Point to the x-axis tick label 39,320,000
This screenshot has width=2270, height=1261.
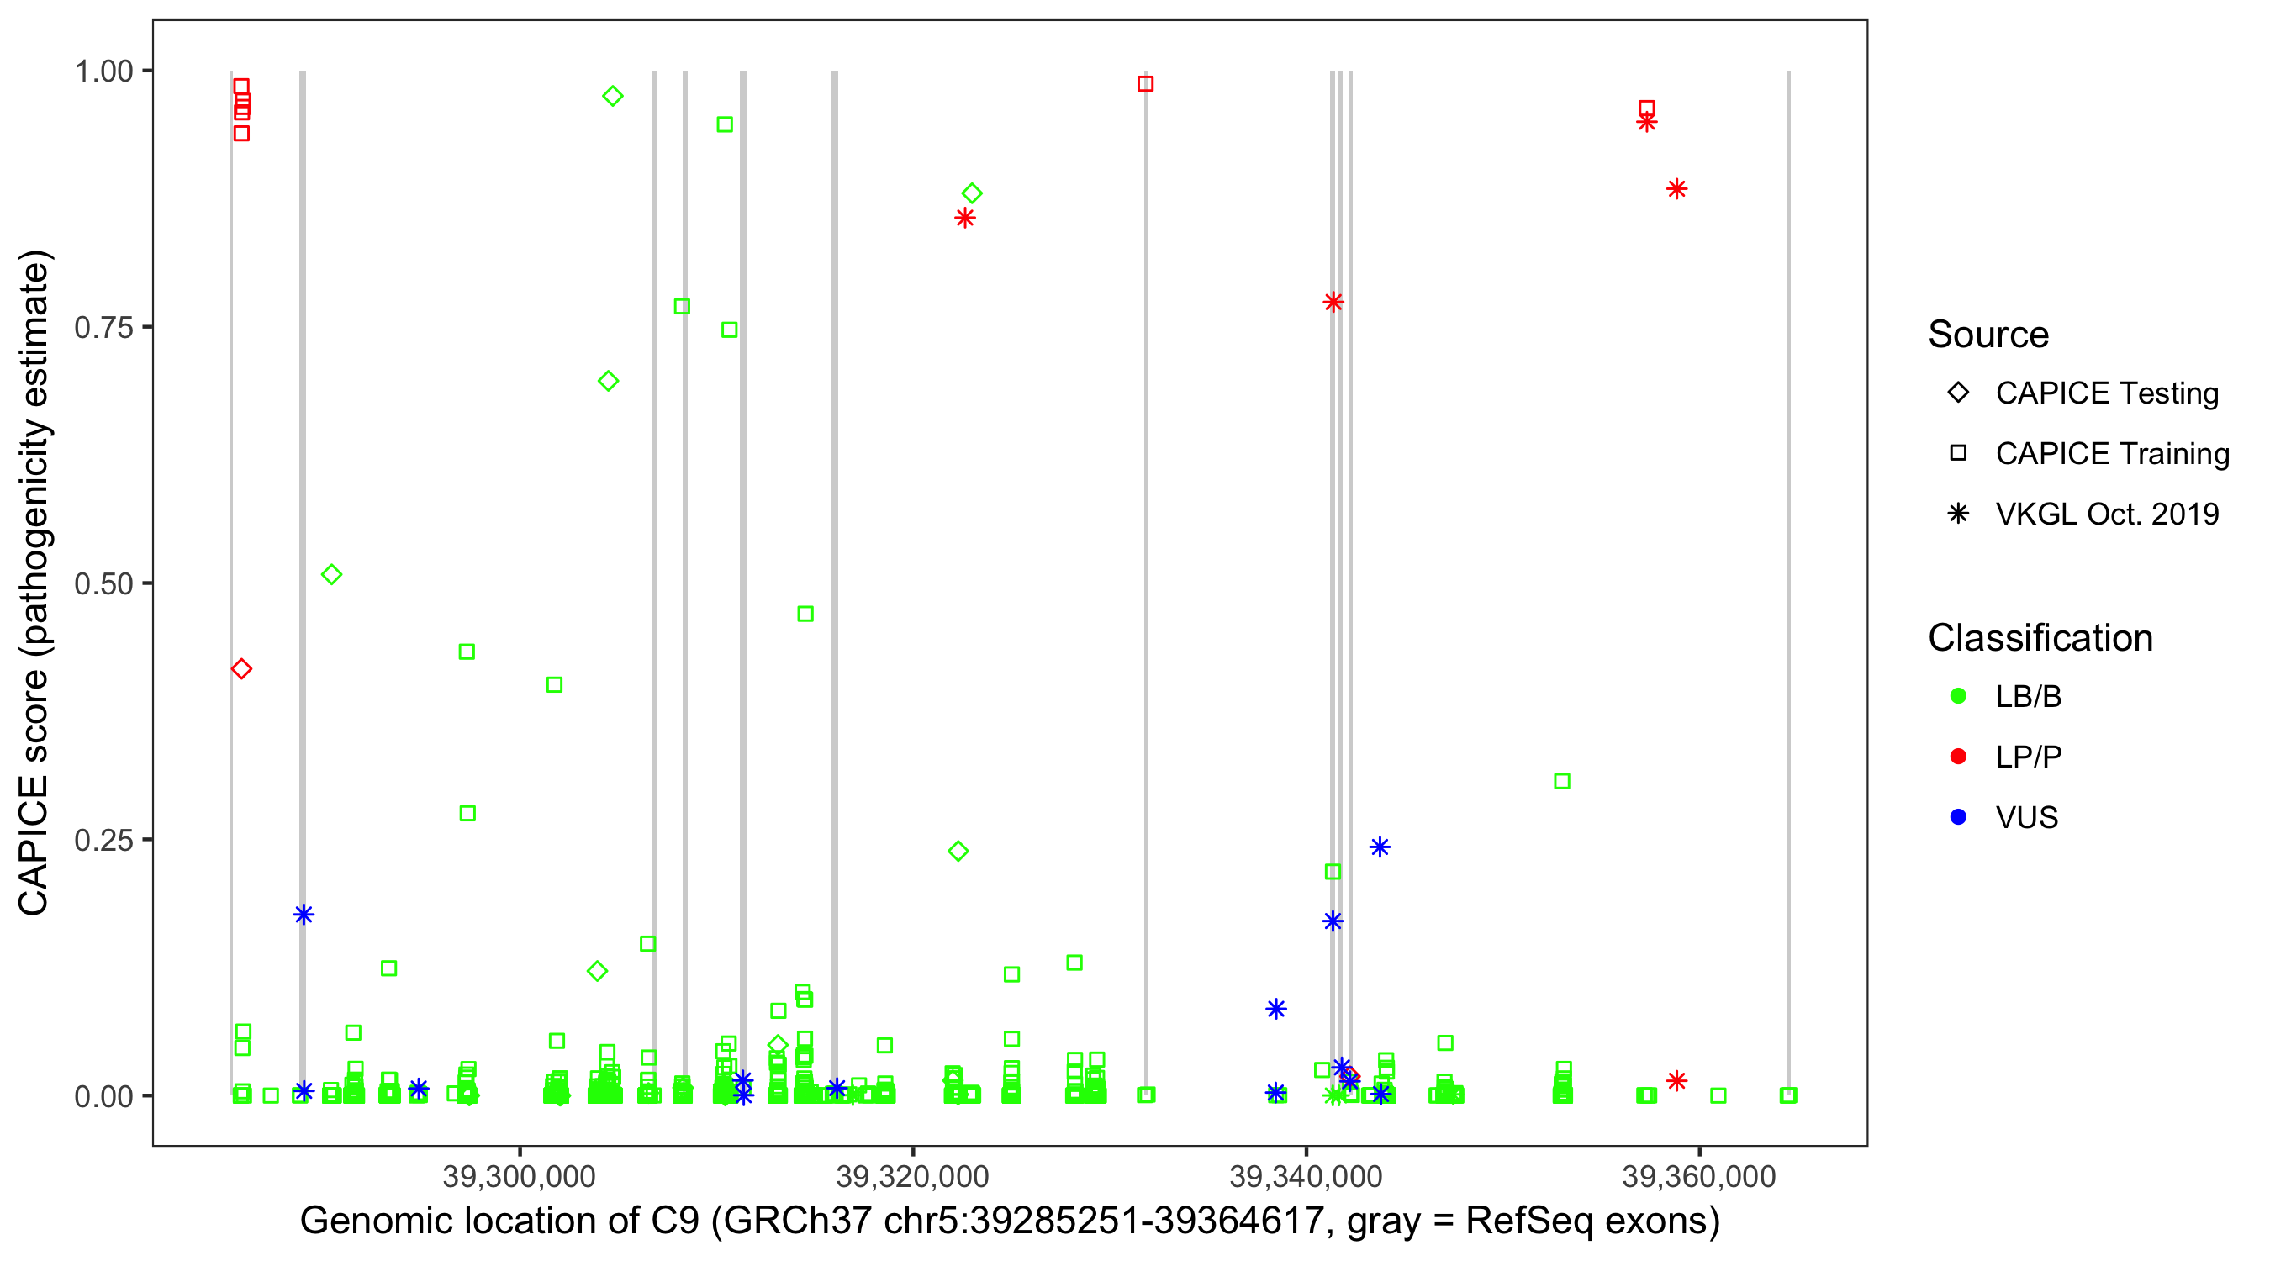pyautogui.click(x=912, y=1176)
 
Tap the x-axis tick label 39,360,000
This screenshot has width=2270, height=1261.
pyautogui.click(x=1698, y=1176)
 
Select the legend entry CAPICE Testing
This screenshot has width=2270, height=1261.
pyautogui.click(x=2106, y=393)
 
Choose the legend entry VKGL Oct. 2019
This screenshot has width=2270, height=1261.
pyautogui.click(x=2106, y=514)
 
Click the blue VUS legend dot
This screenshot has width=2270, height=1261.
pyautogui.click(x=1958, y=817)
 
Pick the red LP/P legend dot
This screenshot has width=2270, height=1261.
pyautogui.click(x=1958, y=757)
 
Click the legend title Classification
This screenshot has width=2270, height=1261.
pyautogui.click(x=2040, y=638)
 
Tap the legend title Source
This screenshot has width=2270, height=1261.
pyautogui.click(x=1988, y=335)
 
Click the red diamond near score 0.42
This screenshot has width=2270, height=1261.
pyautogui.click(x=241, y=669)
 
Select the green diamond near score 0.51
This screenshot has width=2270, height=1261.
pyautogui.click(x=331, y=574)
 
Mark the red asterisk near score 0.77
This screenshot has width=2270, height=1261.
pyautogui.click(x=1333, y=303)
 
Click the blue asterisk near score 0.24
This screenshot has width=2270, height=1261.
pyautogui.click(x=1380, y=847)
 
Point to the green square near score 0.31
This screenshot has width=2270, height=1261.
pyautogui.click(x=1561, y=781)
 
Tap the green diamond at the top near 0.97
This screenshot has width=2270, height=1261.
pyautogui.click(x=612, y=96)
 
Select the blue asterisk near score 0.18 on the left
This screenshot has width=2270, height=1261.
pyautogui.click(x=304, y=915)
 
